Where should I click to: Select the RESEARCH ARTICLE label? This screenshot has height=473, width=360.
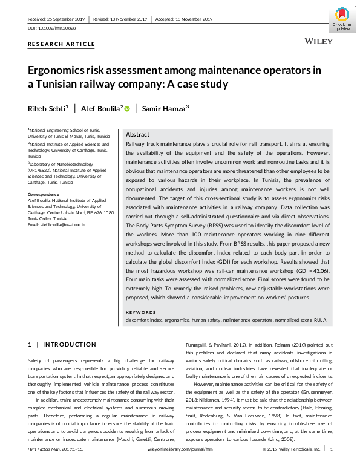click(x=61, y=44)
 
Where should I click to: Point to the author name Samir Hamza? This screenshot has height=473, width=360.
click(x=166, y=108)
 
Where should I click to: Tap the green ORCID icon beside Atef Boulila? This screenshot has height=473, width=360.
click(x=128, y=108)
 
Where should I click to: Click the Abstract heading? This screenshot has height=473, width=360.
click(x=137, y=134)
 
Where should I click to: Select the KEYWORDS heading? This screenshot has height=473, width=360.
click(x=140, y=312)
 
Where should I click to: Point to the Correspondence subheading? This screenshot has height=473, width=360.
click(x=44, y=194)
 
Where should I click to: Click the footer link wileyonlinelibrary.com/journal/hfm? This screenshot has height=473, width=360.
click(x=179, y=466)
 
